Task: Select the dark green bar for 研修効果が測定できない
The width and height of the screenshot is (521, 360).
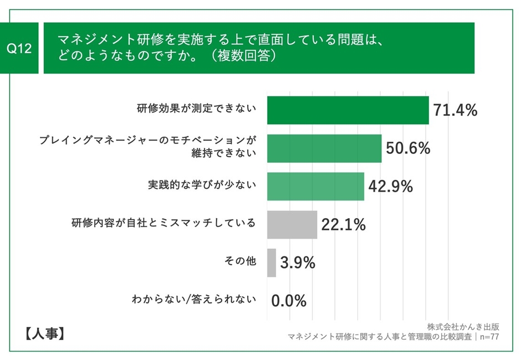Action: click(348, 110)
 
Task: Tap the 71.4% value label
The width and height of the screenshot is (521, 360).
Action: click(454, 110)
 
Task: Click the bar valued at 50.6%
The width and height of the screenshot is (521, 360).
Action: click(324, 148)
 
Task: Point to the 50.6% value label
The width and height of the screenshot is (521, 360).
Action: click(408, 148)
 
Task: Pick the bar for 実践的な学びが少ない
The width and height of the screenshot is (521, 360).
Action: click(315, 187)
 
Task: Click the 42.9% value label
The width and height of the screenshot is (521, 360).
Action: click(390, 187)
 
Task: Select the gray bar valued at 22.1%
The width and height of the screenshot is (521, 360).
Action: click(292, 224)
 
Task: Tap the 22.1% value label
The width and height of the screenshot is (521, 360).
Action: click(343, 224)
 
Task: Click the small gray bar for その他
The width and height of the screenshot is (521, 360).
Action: click(272, 263)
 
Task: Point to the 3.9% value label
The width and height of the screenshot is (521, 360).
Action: click(298, 263)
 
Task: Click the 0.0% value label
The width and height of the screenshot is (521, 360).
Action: click(289, 301)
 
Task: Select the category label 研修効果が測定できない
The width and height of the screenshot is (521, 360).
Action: click(196, 109)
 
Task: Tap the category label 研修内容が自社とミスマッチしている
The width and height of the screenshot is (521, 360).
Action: click(164, 223)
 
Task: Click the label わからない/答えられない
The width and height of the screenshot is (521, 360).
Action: click(194, 300)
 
